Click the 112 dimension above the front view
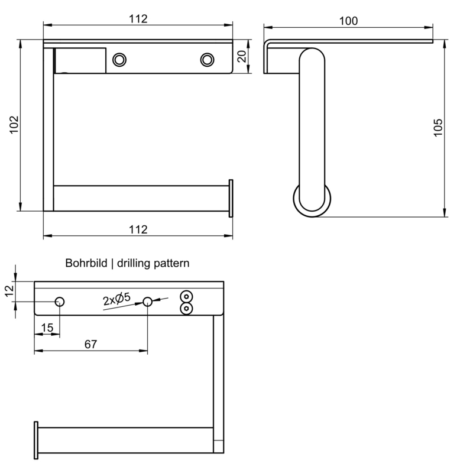[x=138, y=18]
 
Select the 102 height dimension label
[x=15, y=125]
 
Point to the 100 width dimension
[x=348, y=21]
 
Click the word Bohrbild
[x=87, y=263]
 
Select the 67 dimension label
[x=90, y=343]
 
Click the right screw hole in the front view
[x=207, y=59]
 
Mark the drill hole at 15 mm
[x=60, y=302]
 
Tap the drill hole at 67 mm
[x=147, y=302]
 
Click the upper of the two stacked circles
[x=187, y=297]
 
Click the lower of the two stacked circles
[x=187, y=308]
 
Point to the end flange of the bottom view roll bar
[x=36, y=440]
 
